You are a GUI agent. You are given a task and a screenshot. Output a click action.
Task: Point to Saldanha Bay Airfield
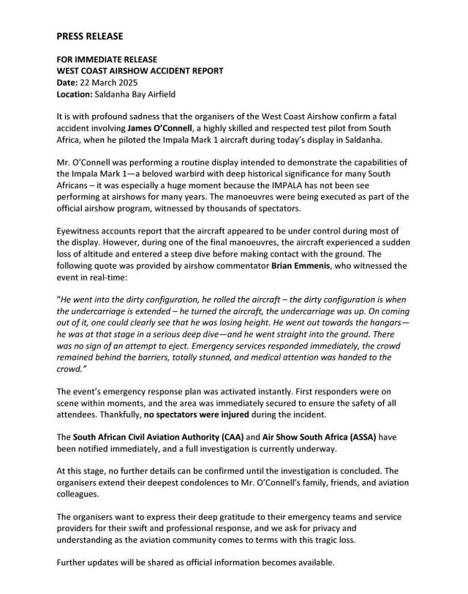[x=138, y=94]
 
